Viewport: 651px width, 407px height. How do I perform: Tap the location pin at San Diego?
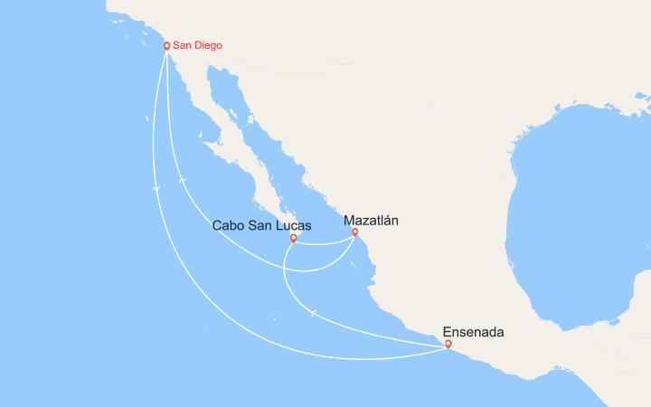click(166, 45)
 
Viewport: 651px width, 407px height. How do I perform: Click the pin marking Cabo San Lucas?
click(293, 239)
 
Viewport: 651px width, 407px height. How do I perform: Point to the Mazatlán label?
click(372, 220)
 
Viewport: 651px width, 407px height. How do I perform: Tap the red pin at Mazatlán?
click(354, 232)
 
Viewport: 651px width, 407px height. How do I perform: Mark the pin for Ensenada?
click(448, 344)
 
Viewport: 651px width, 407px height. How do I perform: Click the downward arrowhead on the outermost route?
click(156, 188)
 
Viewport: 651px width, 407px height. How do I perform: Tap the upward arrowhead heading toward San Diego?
click(183, 179)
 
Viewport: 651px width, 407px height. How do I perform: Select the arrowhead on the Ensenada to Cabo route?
click(314, 313)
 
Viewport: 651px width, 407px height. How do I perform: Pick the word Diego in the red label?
click(207, 45)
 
